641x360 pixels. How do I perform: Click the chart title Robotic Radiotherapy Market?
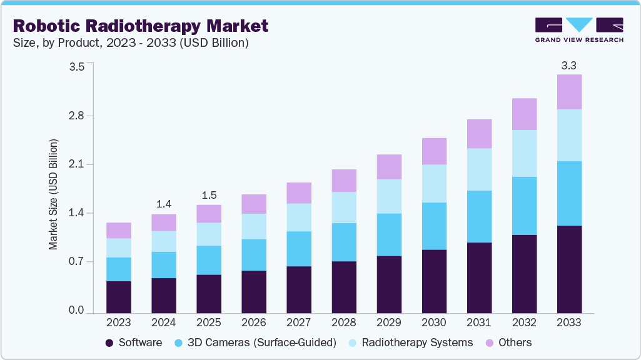pyautogui.click(x=140, y=26)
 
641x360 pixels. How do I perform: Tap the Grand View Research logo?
pyautogui.click(x=578, y=30)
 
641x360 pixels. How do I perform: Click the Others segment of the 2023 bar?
pyautogui.click(x=119, y=230)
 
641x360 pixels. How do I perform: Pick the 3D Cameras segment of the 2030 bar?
pyautogui.click(x=434, y=226)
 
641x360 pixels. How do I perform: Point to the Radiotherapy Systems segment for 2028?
pyautogui.click(x=344, y=207)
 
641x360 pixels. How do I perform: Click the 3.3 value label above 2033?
pyautogui.click(x=569, y=65)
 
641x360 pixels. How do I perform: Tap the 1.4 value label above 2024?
pyautogui.click(x=164, y=204)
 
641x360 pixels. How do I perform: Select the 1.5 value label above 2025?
pyautogui.click(x=209, y=195)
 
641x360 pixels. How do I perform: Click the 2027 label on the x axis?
pyautogui.click(x=299, y=322)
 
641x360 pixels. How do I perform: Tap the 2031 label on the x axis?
pyautogui.click(x=479, y=322)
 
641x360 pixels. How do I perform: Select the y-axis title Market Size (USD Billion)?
pyautogui.click(x=54, y=194)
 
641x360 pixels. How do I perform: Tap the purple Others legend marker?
pyautogui.click(x=490, y=342)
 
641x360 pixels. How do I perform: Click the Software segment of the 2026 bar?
pyautogui.click(x=254, y=291)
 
